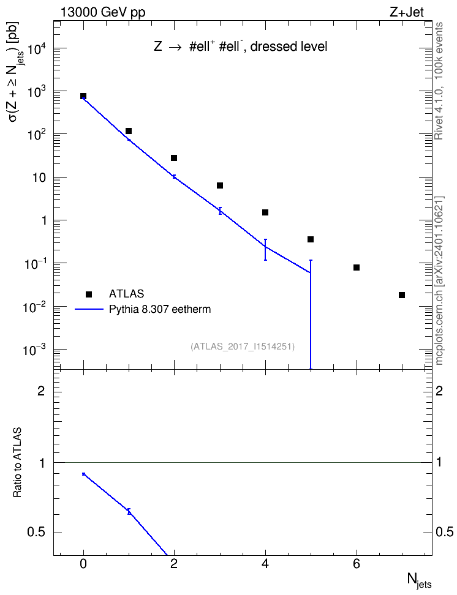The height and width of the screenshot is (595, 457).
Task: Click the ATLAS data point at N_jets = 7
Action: [402, 295]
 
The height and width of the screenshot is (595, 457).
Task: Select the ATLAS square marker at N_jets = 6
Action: [357, 268]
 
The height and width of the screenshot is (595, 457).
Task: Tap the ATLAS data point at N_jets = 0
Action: [83, 96]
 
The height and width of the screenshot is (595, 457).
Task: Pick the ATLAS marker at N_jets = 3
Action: [219, 185]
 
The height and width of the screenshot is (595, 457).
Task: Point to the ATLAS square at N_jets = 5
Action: [311, 239]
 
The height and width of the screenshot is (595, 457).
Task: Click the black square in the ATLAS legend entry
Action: [89, 294]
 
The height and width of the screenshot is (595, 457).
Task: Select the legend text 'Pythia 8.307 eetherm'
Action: [160, 309]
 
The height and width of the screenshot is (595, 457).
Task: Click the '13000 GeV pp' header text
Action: [102, 12]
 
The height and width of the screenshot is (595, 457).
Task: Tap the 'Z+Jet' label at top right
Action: [407, 12]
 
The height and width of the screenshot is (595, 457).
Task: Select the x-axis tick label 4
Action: [265, 564]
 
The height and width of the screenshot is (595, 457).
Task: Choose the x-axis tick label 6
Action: [357, 564]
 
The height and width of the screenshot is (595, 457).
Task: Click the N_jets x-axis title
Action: [420, 581]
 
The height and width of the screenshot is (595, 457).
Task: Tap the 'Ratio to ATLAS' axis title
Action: [17, 463]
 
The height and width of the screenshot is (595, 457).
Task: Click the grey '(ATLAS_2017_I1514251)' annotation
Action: [243, 346]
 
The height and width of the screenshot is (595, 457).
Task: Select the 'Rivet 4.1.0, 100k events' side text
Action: [439, 81]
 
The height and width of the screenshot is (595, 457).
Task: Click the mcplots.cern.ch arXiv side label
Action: [439, 281]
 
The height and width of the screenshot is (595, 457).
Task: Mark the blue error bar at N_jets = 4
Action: [265, 250]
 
